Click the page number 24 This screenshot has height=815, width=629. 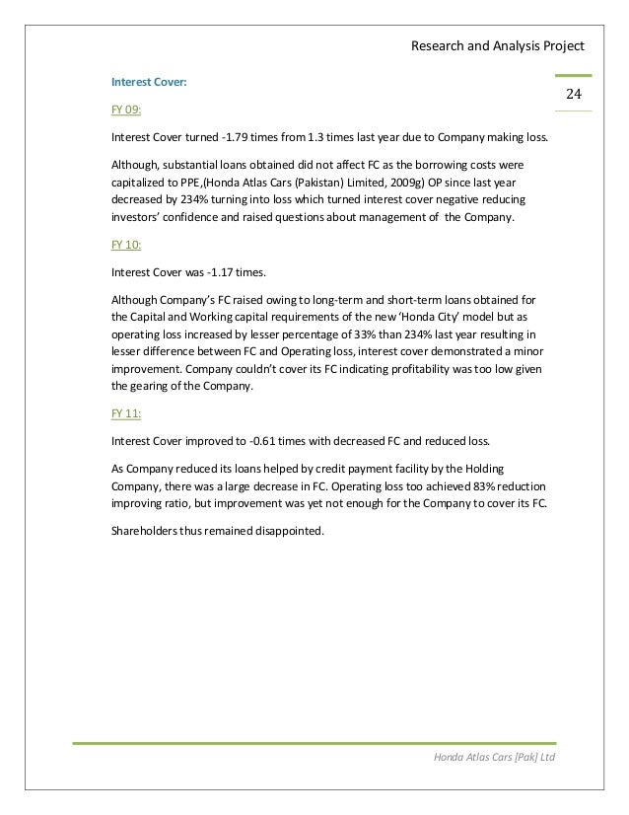[x=572, y=94]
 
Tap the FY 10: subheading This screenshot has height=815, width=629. [x=126, y=242]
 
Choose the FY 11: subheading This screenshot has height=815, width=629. [x=126, y=414]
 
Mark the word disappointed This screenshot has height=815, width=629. [x=295, y=530]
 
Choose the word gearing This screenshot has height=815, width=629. [x=150, y=388]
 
